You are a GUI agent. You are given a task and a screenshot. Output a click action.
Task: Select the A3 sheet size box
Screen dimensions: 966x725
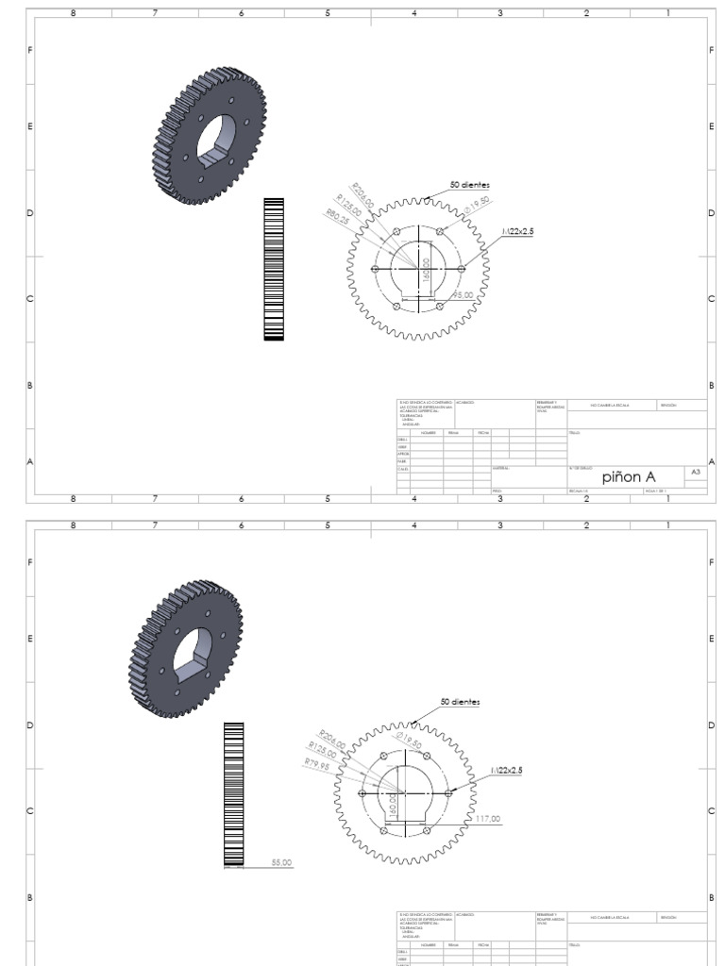pyautogui.click(x=696, y=472)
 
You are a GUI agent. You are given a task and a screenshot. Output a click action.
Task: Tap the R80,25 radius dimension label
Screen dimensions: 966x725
pyautogui.click(x=338, y=217)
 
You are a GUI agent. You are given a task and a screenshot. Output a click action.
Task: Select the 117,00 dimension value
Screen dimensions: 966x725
pyautogui.click(x=488, y=818)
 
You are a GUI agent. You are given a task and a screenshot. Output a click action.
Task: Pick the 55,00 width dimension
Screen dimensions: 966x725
pyautogui.click(x=282, y=860)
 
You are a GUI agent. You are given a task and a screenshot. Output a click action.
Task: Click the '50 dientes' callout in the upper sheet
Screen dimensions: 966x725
pyautogui.click(x=469, y=185)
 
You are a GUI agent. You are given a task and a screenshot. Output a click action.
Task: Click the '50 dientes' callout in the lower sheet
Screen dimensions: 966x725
pyautogui.click(x=460, y=702)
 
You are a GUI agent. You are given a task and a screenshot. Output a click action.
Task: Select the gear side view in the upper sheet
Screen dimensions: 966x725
pyautogui.click(x=274, y=269)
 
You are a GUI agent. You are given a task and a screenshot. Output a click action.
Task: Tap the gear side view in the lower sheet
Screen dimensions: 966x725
pyautogui.click(x=233, y=792)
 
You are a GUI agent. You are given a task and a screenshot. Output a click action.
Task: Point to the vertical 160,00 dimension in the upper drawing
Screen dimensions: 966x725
pyautogui.click(x=426, y=269)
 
